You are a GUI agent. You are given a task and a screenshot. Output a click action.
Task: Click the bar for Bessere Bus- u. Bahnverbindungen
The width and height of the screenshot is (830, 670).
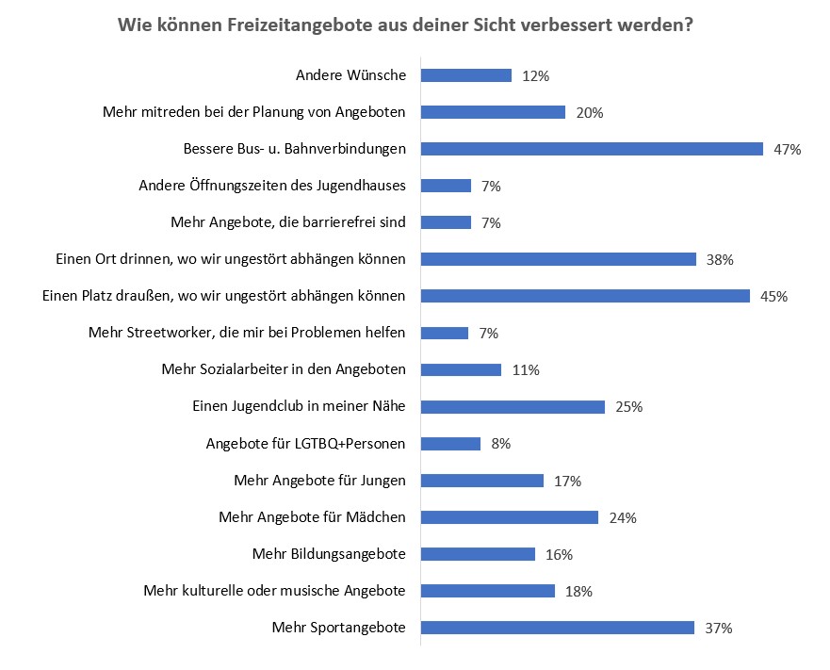point(591,149)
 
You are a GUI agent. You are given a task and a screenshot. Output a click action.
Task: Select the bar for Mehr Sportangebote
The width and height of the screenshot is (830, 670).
point(557,628)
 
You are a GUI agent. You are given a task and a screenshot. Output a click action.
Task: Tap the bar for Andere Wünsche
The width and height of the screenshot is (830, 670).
point(465,75)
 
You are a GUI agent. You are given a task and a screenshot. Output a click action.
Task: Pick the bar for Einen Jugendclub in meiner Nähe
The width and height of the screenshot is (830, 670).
point(513,407)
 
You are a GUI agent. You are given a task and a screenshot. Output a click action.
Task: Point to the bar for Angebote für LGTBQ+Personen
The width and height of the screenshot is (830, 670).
point(450,444)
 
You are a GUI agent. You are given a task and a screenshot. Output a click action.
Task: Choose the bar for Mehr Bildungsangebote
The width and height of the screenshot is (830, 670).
point(478,554)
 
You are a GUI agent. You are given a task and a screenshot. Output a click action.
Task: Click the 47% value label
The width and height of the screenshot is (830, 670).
point(788,150)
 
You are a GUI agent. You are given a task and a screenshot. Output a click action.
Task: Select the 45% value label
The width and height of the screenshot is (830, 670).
point(773,297)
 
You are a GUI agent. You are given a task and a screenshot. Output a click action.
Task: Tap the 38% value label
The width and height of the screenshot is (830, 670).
point(720,260)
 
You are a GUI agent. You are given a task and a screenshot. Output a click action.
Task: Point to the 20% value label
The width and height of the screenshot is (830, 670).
point(589,113)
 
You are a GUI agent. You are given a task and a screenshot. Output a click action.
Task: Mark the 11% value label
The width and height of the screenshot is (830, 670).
point(525,370)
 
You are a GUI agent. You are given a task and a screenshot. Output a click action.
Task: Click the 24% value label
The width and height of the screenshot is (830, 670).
point(623,517)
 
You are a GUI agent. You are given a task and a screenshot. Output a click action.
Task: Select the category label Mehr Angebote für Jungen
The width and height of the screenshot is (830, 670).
point(319,481)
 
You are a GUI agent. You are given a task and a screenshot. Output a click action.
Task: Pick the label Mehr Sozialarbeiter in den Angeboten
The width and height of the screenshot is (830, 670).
point(284,369)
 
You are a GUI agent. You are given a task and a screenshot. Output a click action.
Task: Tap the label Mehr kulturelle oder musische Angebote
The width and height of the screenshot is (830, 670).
point(274,591)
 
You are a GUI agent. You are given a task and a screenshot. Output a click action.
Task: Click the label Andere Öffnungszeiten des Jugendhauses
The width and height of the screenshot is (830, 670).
point(271,186)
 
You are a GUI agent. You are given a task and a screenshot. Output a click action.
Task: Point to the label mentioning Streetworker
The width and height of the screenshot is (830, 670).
point(247,333)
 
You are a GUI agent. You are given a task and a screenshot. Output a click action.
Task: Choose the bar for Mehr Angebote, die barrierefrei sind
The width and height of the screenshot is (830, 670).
point(446,222)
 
